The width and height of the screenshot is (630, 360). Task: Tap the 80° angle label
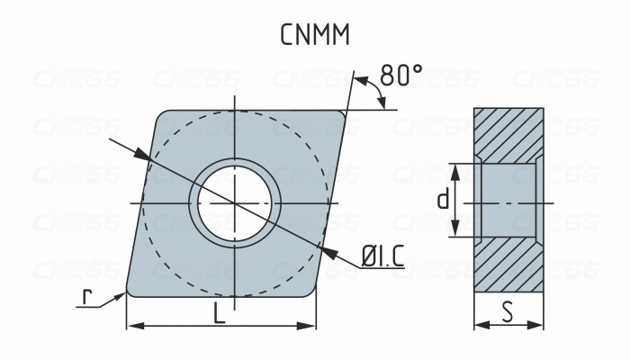click(x=400, y=76)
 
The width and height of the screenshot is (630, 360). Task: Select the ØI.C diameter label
click(x=382, y=257)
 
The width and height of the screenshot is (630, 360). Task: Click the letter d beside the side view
click(x=442, y=200)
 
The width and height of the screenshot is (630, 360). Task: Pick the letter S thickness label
click(x=508, y=312)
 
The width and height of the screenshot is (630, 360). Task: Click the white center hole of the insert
click(x=234, y=203)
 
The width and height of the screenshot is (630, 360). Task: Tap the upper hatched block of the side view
click(x=508, y=135)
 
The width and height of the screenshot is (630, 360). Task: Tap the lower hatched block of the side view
click(x=508, y=265)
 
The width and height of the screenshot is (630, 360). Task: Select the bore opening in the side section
click(x=508, y=201)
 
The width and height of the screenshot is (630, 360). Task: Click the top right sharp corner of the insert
click(x=345, y=112)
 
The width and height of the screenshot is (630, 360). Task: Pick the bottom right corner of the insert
click(x=313, y=293)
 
